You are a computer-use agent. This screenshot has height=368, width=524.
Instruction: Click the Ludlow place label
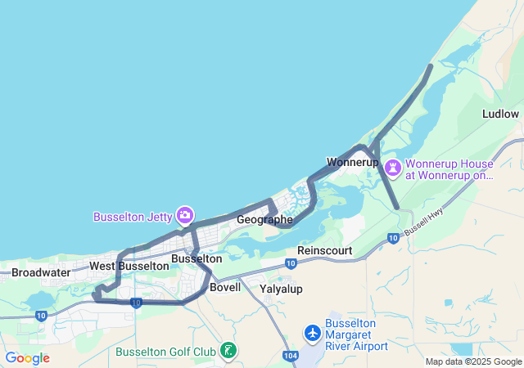pyautogui.click(x=500, y=114)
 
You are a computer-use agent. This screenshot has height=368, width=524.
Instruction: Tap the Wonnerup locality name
pyautogui.click(x=352, y=162)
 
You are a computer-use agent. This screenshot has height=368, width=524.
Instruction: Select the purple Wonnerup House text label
pyautogui.click(x=451, y=168)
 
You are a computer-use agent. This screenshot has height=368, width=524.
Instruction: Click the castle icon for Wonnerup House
pyautogui.click(x=395, y=168)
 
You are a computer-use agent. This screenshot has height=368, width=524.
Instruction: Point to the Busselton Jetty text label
pyautogui.click(x=132, y=217)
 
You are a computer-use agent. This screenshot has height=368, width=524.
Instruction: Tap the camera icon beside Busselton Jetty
pyautogui.click(x=185, y=215)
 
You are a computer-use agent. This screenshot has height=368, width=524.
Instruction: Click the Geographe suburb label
pyautogui.click(x=264, y=220)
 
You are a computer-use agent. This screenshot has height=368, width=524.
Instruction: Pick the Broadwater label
pyautogui.click(x=41, y=272)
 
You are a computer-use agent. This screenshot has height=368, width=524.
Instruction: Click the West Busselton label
pyautogui.click(x=129, y=266)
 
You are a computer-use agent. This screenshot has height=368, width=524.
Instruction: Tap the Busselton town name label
pyautogui.click(x=196, y=258)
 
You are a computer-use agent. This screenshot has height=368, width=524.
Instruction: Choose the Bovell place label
pyautogui.click(x=225, y=287)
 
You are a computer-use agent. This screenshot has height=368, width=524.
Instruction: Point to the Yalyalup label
pyautogui.click(x=281, y=289)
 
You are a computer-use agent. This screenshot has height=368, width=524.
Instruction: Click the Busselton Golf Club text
pyautogui.click(x=166, y=352)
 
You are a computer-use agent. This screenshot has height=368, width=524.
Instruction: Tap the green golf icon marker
pyautogui.click(x=229, y=351)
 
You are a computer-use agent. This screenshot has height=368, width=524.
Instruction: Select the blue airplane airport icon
pyautogui.click(x=312, y=333)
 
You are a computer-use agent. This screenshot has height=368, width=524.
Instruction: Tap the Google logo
pyautogui.click(x=27, y=358)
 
